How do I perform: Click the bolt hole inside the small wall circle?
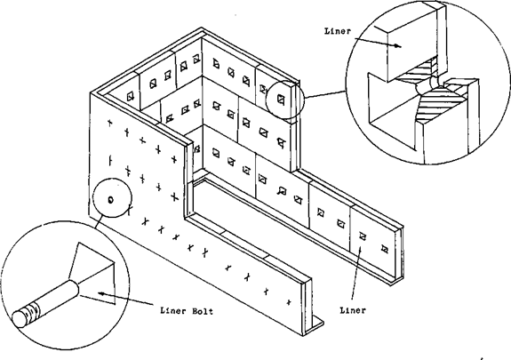tap(110, 200)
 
